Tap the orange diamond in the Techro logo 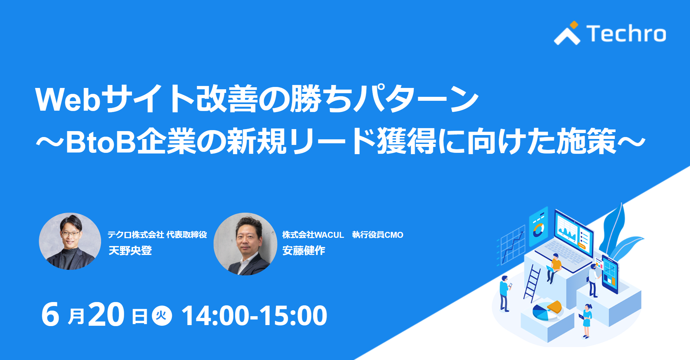(x=574, y=25)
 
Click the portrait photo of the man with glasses (x=70, y=241)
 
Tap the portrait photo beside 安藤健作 (x=245, y=244)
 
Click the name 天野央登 (x=130, y=251)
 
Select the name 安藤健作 (x=304, y=251)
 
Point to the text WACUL (x=329, y=235)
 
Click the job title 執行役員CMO (x=378, y=235)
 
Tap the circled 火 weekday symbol (x=162, y=316)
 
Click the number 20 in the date (x=106, y=315)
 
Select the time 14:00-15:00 (x=254, y=316)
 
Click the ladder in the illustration (x=532, y=283)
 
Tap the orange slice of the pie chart (x=554, y=307)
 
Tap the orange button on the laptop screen (x=582, y=245)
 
